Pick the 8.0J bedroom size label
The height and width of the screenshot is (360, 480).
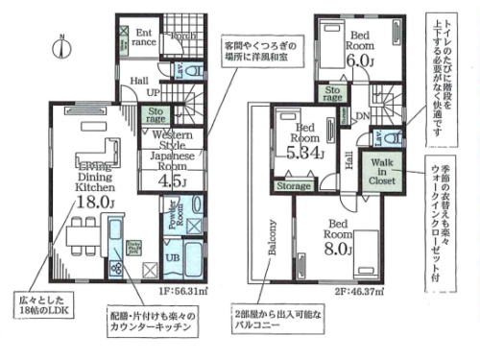point(338,249)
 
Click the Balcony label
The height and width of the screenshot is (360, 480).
point(272,241)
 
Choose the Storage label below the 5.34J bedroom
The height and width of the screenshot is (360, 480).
point(294,185)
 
